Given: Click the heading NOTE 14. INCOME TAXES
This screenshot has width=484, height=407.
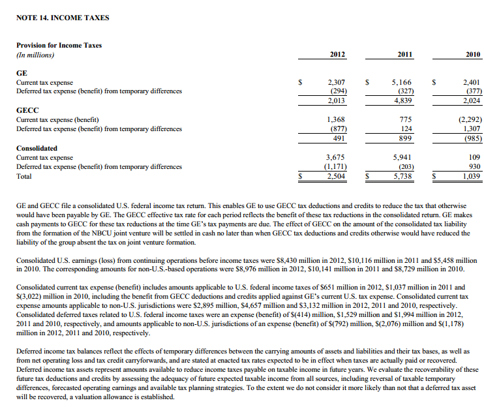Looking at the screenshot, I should [63, 17].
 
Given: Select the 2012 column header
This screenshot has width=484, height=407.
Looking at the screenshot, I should [337, 55].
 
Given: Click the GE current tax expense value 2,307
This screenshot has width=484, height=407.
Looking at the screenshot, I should [336, 83].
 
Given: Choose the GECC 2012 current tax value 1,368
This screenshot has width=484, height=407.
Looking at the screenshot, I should [336, 120].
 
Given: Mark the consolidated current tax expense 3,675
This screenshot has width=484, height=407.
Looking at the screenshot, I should [336, 157].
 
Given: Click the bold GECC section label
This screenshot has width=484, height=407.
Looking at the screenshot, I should [27, 111].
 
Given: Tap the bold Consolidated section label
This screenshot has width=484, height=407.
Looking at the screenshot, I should [37, 148].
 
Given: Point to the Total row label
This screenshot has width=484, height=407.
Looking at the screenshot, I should [23, 176].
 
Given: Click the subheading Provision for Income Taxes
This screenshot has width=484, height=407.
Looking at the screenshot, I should [59, 45].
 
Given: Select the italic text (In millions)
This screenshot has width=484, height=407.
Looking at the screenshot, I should [35, 55].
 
